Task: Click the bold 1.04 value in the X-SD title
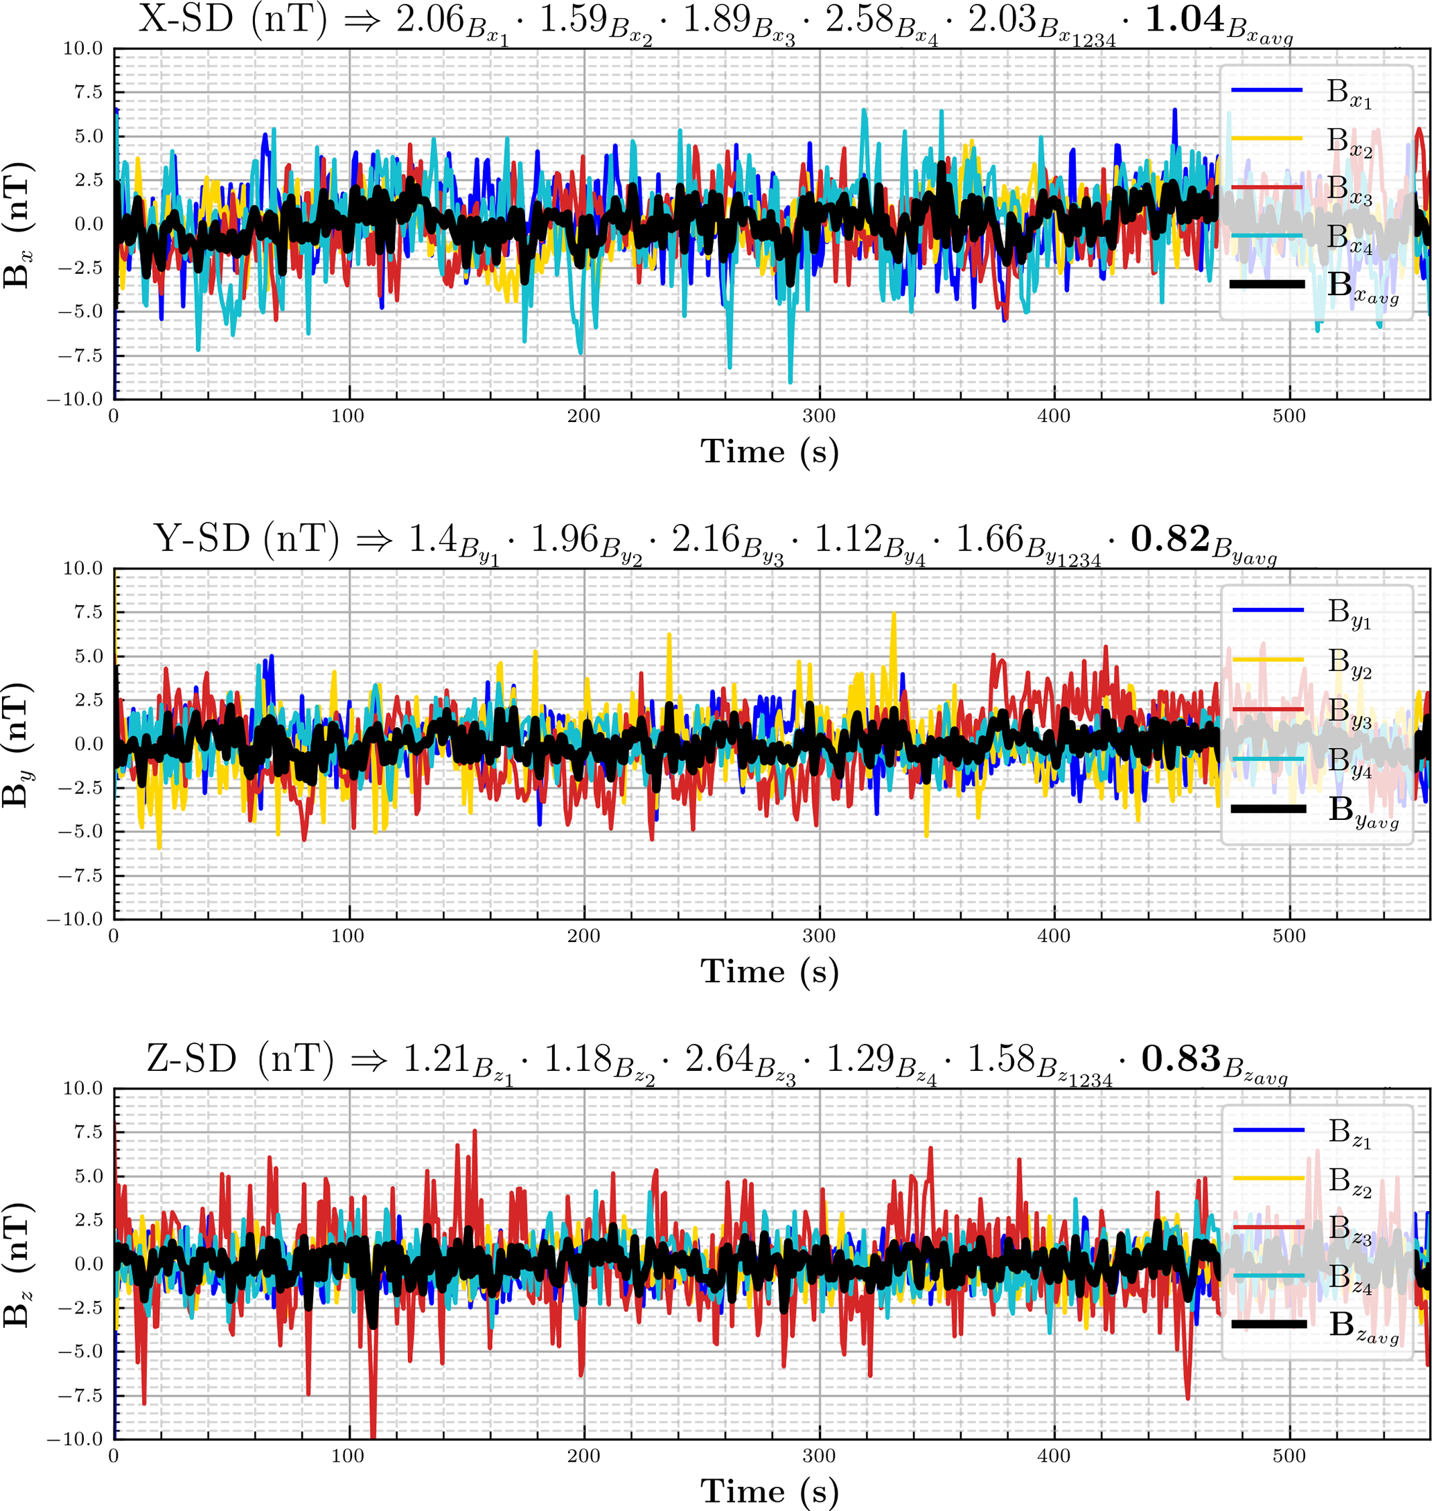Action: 1185,21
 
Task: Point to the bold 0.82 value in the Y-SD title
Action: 1170,540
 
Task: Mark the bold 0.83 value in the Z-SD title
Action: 1181,1059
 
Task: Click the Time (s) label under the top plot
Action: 770,451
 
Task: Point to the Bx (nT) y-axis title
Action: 17,224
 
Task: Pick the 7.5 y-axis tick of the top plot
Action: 87,92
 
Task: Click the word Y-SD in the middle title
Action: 202,540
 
